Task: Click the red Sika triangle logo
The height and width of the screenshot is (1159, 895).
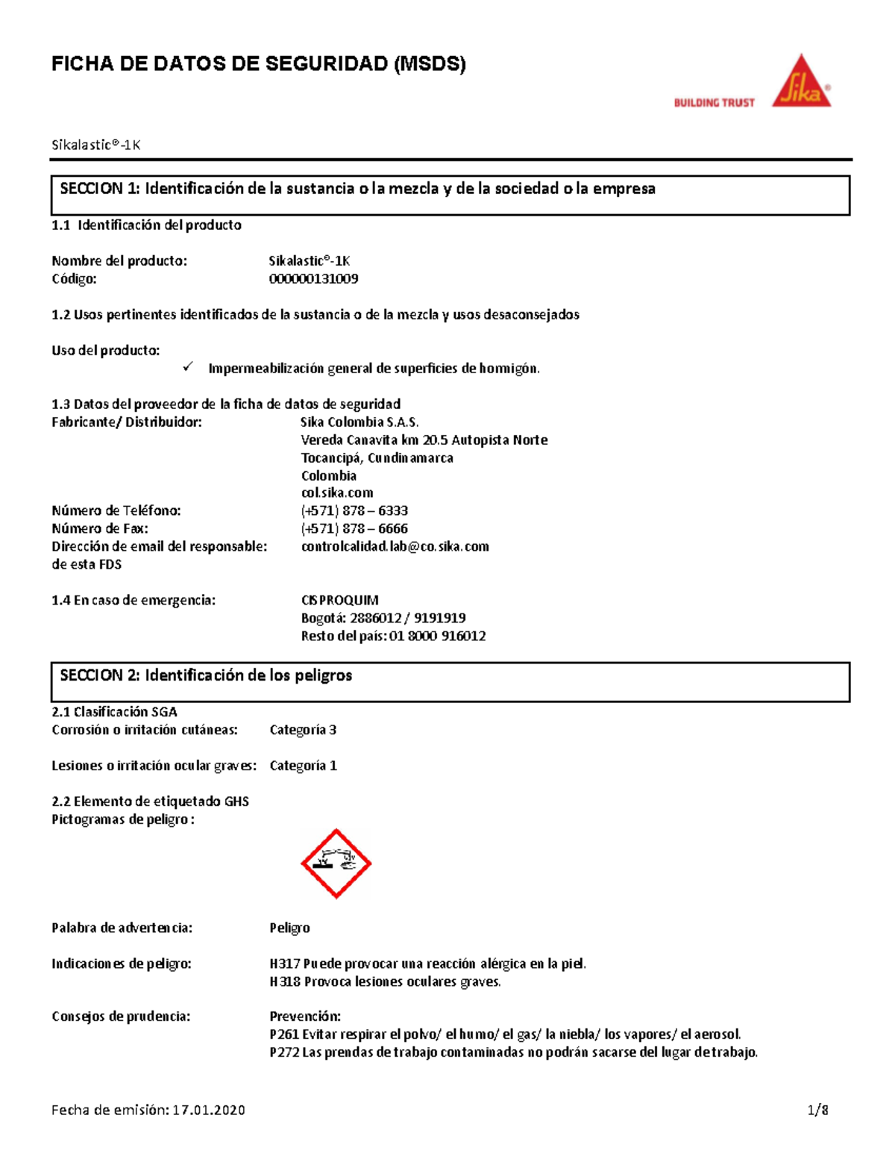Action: coord(800,83)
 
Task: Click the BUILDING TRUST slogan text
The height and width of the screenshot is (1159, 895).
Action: coord(714,103)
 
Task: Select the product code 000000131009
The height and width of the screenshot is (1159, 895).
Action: coord(313,279)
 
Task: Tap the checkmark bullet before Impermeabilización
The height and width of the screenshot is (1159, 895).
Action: coord(188,367)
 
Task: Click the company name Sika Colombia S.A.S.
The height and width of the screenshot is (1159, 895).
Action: coord(359,422)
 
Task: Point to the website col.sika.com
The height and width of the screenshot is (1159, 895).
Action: coord(337,493)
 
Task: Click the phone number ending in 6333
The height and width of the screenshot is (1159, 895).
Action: coord(354,510)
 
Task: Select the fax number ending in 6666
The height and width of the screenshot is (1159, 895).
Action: coord(354,528)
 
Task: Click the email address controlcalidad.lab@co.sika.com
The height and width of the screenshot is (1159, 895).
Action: coord(395,546)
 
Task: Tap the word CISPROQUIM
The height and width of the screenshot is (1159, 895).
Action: coord(339,600)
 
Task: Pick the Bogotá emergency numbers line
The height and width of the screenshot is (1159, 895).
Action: coord(383,618)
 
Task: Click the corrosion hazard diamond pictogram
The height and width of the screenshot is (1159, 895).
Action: coord(336,863)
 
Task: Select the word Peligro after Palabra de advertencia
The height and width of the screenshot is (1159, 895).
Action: coord(289,928)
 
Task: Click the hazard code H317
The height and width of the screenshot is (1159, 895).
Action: coord(284,964)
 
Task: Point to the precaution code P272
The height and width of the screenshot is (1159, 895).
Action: coord(284,1053)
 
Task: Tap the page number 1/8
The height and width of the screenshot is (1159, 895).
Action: coord(817,1110)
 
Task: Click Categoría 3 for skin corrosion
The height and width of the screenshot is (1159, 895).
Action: coord(303,730)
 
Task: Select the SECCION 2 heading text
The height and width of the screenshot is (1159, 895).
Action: coord(206,675)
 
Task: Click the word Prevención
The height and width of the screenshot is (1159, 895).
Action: coord(304,1016)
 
